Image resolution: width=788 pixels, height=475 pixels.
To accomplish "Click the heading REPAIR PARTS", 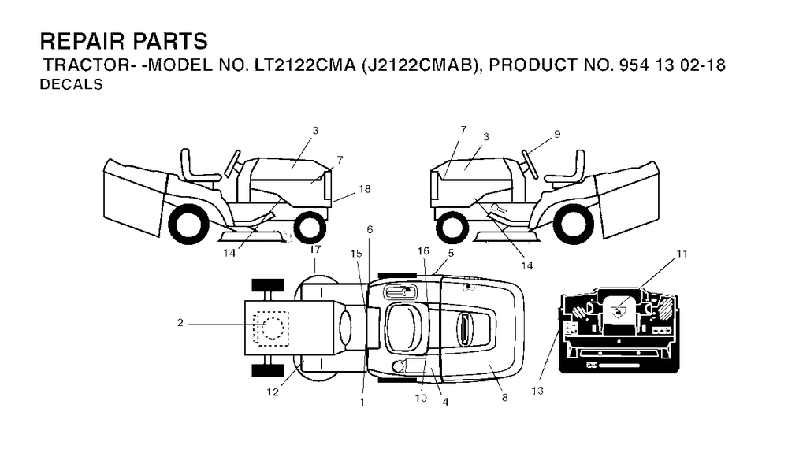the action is click(124, 41).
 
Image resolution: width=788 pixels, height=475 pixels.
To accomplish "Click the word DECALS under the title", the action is click(72, 85).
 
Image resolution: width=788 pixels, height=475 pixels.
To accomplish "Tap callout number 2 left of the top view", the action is click(180, 323).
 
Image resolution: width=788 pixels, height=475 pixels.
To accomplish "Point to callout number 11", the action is click(682, 254).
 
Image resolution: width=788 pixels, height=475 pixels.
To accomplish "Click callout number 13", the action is click(537, 391).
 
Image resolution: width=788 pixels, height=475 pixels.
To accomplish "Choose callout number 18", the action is click(364, 189).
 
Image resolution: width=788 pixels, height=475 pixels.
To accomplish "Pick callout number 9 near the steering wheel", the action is click(557, 134).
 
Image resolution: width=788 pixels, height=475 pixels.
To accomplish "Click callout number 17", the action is click(315, 250).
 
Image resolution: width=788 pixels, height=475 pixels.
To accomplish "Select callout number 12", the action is click(273, 392).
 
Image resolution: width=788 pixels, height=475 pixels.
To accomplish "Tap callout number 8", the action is click(504, 398).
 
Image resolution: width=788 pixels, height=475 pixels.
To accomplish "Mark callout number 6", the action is click(370, 230).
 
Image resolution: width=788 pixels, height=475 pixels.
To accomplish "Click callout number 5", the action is click(451, 253).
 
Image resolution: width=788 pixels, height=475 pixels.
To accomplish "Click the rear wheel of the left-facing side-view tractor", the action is click(188, 225).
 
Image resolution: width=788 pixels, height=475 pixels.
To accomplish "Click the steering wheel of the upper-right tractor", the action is click(530, 163).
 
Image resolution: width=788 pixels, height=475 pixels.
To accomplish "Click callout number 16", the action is click(423, 251).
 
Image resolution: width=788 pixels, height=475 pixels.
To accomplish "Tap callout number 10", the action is click(421, 398).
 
